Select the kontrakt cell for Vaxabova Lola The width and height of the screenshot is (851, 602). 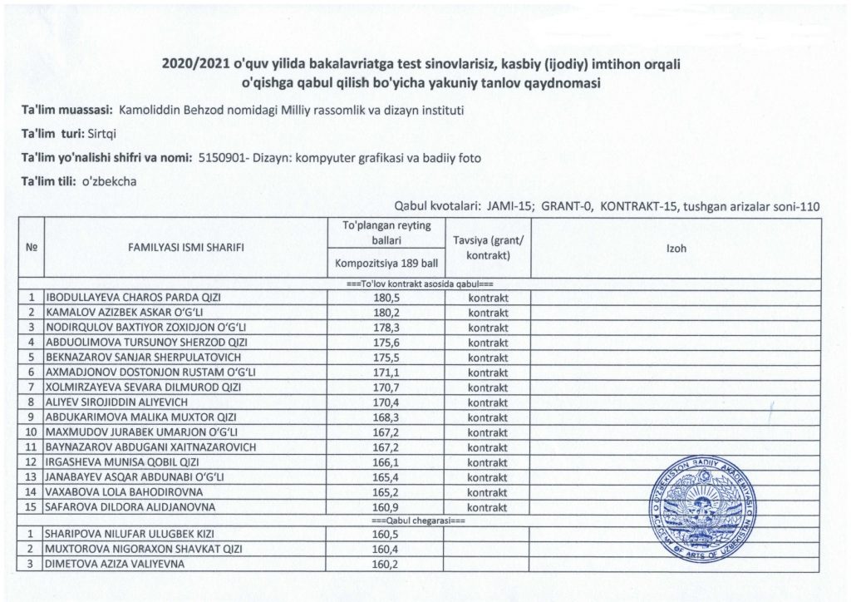coord(488,491)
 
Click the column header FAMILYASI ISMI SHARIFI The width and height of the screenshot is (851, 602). coord(186,248)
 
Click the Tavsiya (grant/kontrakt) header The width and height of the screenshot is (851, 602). coord(488,248)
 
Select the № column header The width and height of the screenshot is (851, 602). coord(32,248)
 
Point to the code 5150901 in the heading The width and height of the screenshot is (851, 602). coord(222,156)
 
